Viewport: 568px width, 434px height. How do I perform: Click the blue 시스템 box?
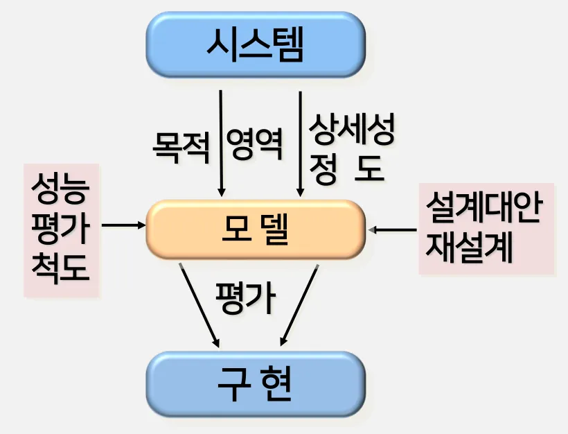click(x=255, y=45)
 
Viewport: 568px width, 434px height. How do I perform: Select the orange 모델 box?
click(x=255, y=229)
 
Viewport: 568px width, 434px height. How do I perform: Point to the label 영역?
click(x=255, y=146)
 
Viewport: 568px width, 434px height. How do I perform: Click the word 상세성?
click(x=353, y=130)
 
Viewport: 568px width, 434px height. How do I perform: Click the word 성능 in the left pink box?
click(x=61, y=189)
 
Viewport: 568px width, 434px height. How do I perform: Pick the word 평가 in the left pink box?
click(x=61, y=229)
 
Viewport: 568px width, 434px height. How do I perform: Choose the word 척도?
click(x=61, y=268)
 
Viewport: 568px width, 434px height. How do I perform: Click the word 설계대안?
click(x=483, y=209)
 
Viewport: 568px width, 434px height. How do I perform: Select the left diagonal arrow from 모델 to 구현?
click(x=200, y=305)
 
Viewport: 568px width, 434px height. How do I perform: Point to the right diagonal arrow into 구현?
click(x=299, y=305)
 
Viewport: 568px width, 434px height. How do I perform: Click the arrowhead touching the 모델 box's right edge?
click(x=375, y=229)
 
